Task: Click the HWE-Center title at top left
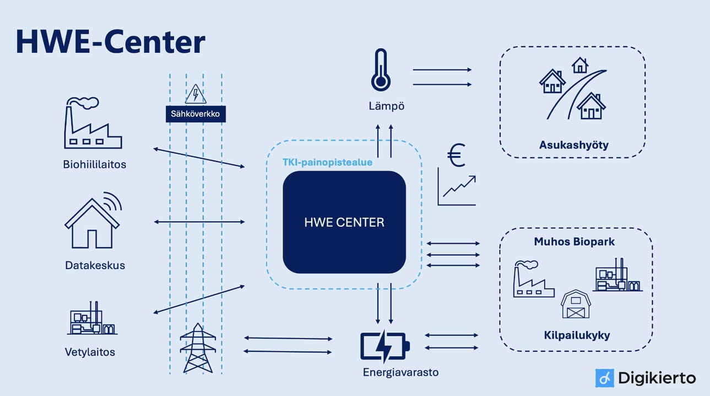coord(110,41)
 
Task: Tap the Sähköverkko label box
coord(196,114)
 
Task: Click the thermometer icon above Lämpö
coord(381,70)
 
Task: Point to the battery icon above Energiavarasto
coord(385,346)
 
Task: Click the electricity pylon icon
coord(198,349)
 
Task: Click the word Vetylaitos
coord(90,352)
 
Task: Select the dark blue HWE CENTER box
coord(344,222)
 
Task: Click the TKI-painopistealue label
coord(327,163)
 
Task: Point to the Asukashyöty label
coord(573,146)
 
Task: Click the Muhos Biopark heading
coord(574,242)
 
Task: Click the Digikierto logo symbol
coord(604,378)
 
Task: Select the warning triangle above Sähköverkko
coord(196,94)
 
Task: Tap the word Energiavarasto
coord(400,372)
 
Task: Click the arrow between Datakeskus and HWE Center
coord(199,222)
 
